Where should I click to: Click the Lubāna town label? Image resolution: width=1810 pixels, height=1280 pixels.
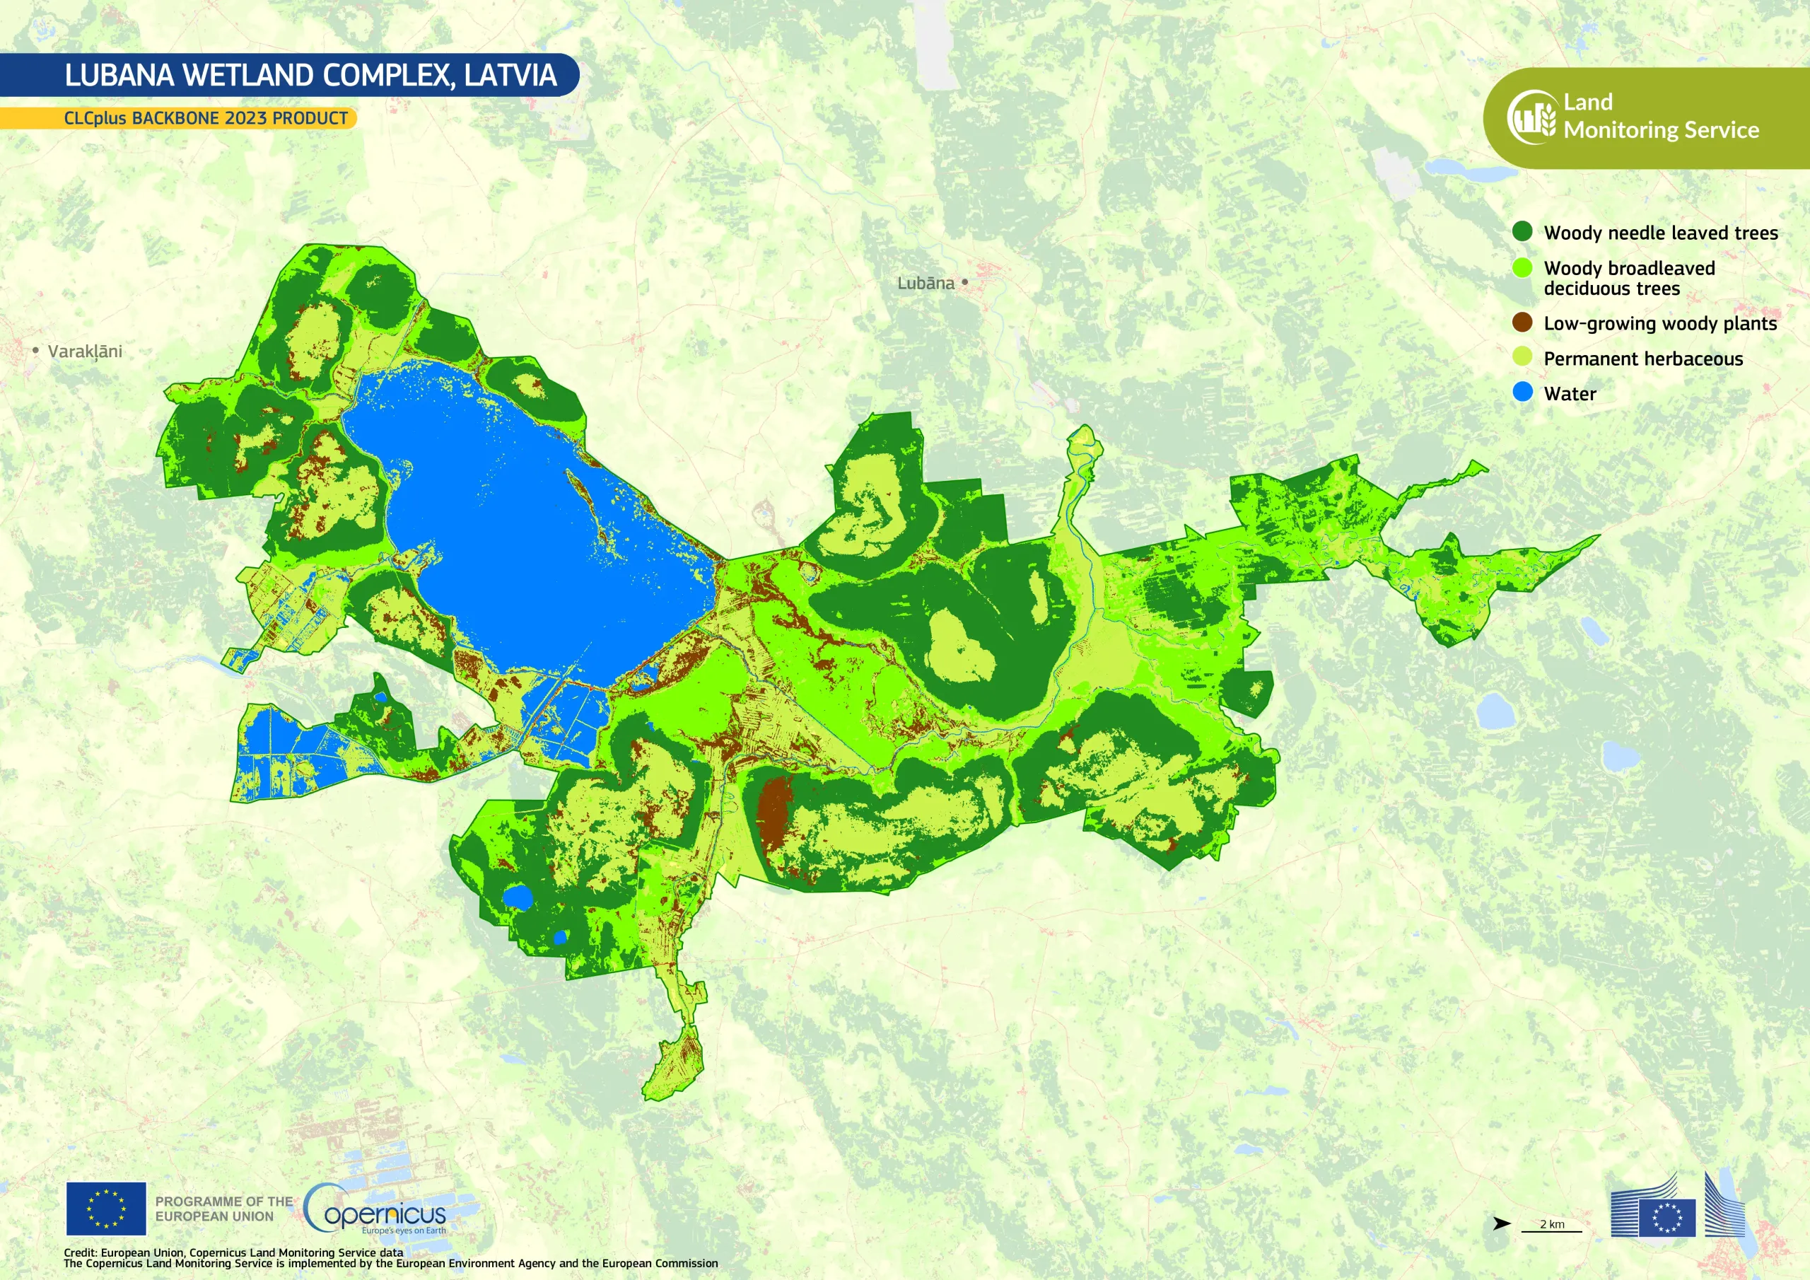click(x=925, y=283)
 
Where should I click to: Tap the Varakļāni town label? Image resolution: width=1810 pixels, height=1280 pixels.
click(x=84, y=351)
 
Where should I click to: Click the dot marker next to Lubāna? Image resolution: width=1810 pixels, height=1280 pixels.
click(x=964, y=281)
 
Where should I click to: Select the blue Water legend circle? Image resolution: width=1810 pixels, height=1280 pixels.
click(x=1522, y=392)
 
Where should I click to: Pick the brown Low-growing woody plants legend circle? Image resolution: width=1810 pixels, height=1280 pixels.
click(x=1522, y=322)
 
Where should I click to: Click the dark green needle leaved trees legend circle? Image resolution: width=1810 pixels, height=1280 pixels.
click(x=1522, y=231)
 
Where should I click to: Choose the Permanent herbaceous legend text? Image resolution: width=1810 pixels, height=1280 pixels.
click(x=1643, y=359)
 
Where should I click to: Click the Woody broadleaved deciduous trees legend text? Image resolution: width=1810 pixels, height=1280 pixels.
click(x=1629, y=279)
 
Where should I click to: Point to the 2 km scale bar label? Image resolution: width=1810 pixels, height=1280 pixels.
click(x=1551, y=1224)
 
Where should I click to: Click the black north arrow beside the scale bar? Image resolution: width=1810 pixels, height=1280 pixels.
click(x=1501, y=1224)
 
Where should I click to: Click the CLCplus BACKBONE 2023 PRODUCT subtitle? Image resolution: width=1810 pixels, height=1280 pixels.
click(x=205, y=118)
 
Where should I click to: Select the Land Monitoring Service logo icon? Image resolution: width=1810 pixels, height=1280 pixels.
click(x=1531, y=117)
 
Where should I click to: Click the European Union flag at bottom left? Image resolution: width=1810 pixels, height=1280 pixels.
click(x=105, y=1209)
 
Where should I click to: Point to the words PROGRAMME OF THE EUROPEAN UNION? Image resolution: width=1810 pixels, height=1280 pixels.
click(x=223, y=1209)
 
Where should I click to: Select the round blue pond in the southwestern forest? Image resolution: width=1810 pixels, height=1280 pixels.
click(x=518, y=897)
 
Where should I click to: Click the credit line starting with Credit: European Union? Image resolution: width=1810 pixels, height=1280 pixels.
click(x=233, y=1252)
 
